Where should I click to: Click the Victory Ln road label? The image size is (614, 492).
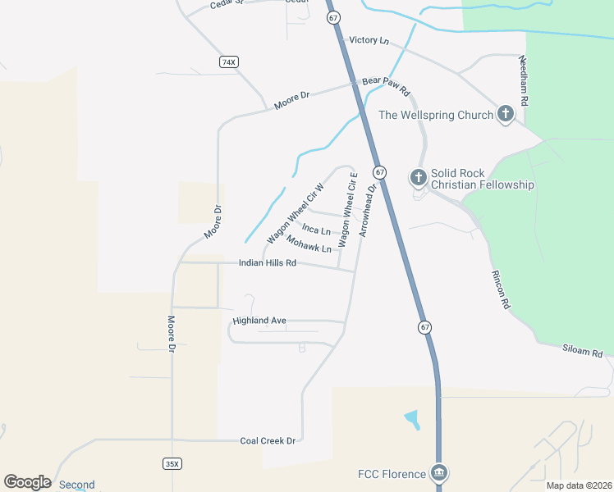[x=369, y=40]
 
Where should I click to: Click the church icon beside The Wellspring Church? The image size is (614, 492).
[x=505, y=115]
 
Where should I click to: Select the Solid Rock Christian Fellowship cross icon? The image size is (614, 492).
[x=418, y=177]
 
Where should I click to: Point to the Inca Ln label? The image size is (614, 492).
[x=316, y=229]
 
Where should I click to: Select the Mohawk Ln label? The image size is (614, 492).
[x=309, y=244]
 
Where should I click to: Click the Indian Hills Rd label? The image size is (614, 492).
[x=267, y=263]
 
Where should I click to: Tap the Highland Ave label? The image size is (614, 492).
[x=259, y=321]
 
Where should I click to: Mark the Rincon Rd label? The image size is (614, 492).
[x=500, y=289]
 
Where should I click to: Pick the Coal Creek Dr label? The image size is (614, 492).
[x=268, y=440]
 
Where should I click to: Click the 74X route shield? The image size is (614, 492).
[x=228, y=62]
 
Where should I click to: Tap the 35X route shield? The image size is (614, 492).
[x=172, y=464]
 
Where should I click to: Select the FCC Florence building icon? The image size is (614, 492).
[x=439, y=474]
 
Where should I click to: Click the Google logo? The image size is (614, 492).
[x=27, y=482]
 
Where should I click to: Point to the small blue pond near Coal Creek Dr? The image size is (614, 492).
[x=412, y=419]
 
